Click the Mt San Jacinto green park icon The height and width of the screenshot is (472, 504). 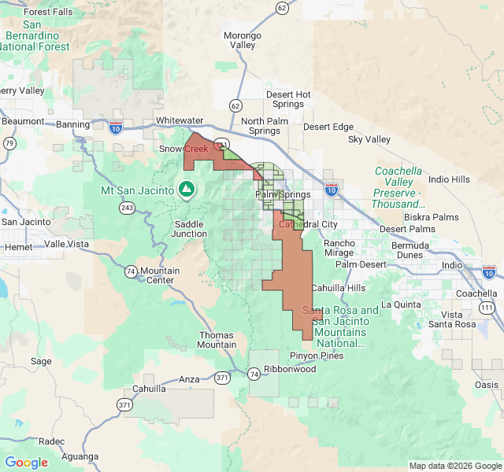(187, 189)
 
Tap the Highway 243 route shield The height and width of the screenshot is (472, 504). (127, 208)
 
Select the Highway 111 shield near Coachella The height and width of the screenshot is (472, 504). (488, 307)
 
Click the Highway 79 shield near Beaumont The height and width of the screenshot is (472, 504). (9, 143)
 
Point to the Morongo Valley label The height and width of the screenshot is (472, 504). (242, 40)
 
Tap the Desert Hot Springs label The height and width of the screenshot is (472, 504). (288, 100)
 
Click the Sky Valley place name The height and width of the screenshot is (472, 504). (369, 139)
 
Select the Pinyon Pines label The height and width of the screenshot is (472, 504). (317, 356)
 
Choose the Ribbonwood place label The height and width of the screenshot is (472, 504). (289, 369)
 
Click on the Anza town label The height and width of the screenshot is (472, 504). (190, 379)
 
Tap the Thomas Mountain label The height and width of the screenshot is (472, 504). (216, 340)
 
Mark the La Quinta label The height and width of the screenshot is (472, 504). (402, 304)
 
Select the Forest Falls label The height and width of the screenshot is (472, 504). (48, 12)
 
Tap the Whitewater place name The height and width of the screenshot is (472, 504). (179, 120)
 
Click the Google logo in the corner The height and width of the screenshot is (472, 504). (26, 463)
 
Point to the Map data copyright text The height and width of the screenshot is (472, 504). (454, 465)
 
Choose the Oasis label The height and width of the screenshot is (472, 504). (487, 385)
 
